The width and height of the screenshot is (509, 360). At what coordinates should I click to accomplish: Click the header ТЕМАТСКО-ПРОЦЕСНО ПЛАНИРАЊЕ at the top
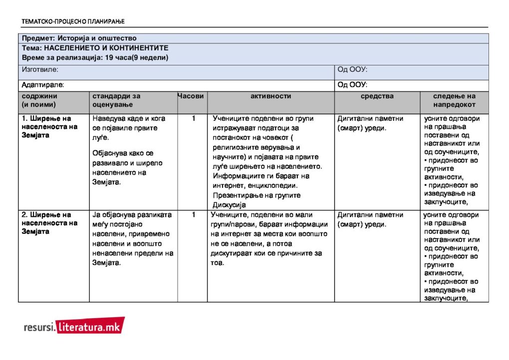coord(73,21)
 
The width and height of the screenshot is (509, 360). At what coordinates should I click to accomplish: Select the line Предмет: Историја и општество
coord(79,38)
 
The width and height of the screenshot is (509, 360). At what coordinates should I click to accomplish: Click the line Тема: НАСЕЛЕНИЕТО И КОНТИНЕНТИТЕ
coord(95,48)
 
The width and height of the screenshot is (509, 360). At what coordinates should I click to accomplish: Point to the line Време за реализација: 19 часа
coord(95,57)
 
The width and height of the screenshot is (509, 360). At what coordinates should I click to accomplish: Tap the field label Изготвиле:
coord(40,69)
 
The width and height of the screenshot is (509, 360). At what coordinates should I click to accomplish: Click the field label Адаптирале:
coord(43,85)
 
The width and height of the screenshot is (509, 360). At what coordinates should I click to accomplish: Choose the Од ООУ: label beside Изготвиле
coord(352,69)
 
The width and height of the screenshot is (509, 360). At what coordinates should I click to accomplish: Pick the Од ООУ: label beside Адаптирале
coord(352,85)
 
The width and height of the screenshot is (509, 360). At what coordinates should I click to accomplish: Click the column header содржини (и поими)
coord(39,100)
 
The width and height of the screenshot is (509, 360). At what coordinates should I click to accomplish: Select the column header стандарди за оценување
coord(116,100)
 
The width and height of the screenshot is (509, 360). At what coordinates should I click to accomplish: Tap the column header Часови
coord(192,96)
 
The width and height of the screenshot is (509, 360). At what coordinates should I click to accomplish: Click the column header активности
coord(270,96)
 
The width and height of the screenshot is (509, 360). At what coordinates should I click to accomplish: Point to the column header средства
coord(377,96)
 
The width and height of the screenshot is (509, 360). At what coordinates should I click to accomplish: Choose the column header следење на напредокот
coord(454,100)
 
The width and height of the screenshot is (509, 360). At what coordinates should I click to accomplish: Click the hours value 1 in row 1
coord(193,119)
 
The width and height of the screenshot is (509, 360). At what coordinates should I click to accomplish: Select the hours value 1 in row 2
coord(193,215)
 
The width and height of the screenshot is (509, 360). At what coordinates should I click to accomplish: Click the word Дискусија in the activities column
coord(230,205)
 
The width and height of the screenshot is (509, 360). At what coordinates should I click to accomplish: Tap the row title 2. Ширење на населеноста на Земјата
coord(50,223)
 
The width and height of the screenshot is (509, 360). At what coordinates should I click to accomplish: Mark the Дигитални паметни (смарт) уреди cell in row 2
coord(370,220)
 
